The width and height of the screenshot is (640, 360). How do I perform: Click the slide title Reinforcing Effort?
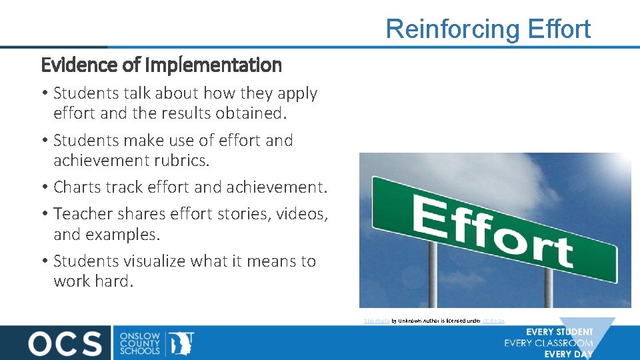[488, 29]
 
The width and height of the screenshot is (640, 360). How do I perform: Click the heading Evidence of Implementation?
[161, 65]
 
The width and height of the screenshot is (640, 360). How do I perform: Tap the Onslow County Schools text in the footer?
[139, 342]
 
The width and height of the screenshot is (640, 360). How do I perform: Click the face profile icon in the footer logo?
[181, 342]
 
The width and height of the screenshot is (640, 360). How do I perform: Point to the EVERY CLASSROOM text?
[548, 343]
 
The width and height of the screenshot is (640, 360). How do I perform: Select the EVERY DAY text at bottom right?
[568, 354]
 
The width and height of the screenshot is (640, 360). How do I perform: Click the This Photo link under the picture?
[376, 321]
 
